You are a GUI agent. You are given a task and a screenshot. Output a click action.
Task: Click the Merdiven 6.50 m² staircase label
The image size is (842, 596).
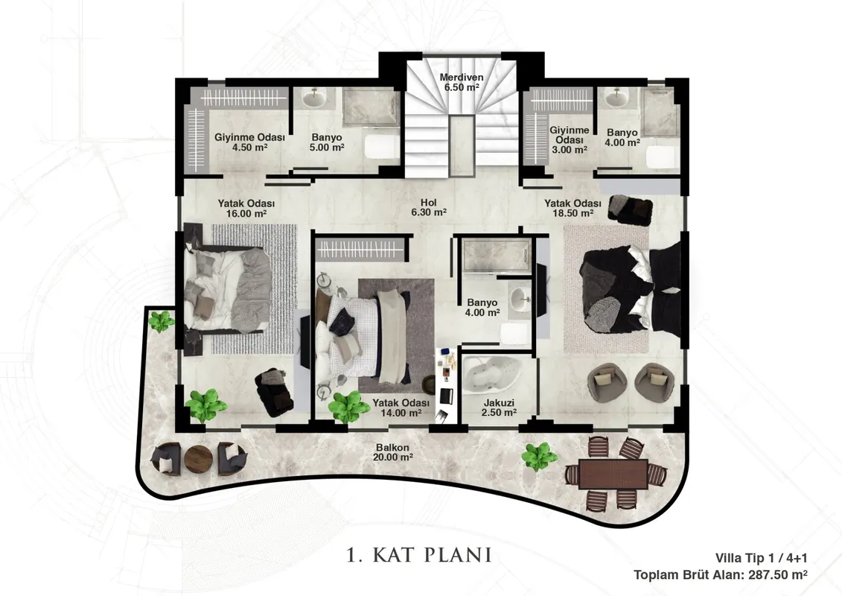462,82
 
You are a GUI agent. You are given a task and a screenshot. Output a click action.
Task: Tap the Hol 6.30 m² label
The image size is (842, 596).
429,207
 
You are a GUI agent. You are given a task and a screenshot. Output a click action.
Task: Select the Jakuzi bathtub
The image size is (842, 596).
492,374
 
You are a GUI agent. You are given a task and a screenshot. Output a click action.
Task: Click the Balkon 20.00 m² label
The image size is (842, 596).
392,452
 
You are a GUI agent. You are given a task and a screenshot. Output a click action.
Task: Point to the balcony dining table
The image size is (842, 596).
613,474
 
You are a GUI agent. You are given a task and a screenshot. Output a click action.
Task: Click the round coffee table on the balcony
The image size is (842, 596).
198,459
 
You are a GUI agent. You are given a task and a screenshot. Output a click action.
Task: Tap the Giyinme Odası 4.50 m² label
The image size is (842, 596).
249,142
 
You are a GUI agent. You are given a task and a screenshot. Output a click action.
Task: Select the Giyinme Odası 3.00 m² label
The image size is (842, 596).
570,140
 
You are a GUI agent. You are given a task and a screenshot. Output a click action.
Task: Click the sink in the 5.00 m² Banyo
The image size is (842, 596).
313,98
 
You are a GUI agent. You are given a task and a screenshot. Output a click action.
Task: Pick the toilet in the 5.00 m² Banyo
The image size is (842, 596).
383,146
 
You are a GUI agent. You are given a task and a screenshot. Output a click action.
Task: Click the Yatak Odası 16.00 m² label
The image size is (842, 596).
246,209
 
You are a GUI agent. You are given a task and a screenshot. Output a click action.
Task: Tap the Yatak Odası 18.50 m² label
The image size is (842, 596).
573,208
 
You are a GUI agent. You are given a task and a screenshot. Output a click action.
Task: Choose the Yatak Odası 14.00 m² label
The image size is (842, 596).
401,408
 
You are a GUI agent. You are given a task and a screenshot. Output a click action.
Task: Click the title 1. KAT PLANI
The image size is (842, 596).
419,554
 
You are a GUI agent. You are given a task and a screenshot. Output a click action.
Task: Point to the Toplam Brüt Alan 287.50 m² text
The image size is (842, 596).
720,574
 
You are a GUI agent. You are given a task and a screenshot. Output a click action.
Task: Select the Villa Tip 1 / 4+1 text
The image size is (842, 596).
761,559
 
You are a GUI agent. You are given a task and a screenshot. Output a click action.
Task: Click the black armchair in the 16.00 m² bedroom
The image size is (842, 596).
274,393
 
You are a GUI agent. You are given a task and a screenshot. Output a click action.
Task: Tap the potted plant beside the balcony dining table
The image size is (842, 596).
539,456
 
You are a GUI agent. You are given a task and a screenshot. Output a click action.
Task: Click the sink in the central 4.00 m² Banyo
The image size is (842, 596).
519,299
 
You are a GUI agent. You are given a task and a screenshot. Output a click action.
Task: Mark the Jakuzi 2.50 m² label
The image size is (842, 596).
499,408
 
